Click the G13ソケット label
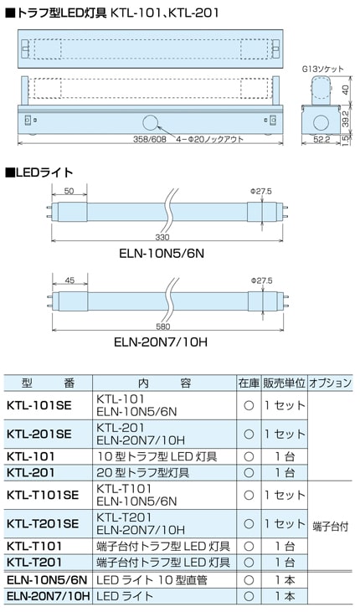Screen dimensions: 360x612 pyautogui.click(x=322, y=69)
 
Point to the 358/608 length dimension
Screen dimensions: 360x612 pyautogui.click(x=150, y=139)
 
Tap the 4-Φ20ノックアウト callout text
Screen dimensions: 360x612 pyautogui.click(x=210, y=139)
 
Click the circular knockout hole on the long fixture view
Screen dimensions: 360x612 pyautogui.click(x=151, y=123)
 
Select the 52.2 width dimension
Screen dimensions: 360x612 pyautogui.click(x=321, y=139)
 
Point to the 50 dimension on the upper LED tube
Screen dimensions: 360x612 pyautogui.click(x=69, y=191)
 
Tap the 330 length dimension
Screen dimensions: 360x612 pyautogui.click(x=162, y=237)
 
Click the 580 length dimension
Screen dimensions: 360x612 pyautogui.click(x=162, y=327)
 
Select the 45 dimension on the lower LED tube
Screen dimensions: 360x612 pyautogui.click(x=69, y=280)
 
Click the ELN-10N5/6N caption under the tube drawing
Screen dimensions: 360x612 pyautogui.click(x=162, y=254)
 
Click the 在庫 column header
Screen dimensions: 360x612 pyautogui.click(x=249, y=383)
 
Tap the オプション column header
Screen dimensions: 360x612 pyautogui.click(x=331, y=383)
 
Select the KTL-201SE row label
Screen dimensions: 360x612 pyautogui.click(x=39, y=434)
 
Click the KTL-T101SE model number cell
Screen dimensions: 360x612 pyautogui.click(x=43, y=495)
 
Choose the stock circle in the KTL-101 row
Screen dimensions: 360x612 pyautogui.click(x=249, y=456)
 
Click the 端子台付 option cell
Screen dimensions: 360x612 pyautogui.click(x=331, y=527)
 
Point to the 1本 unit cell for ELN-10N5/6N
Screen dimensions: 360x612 pyautogui.click(x=285, y=580)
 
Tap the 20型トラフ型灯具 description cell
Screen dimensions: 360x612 pyautogui.click(x=143, y=473)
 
